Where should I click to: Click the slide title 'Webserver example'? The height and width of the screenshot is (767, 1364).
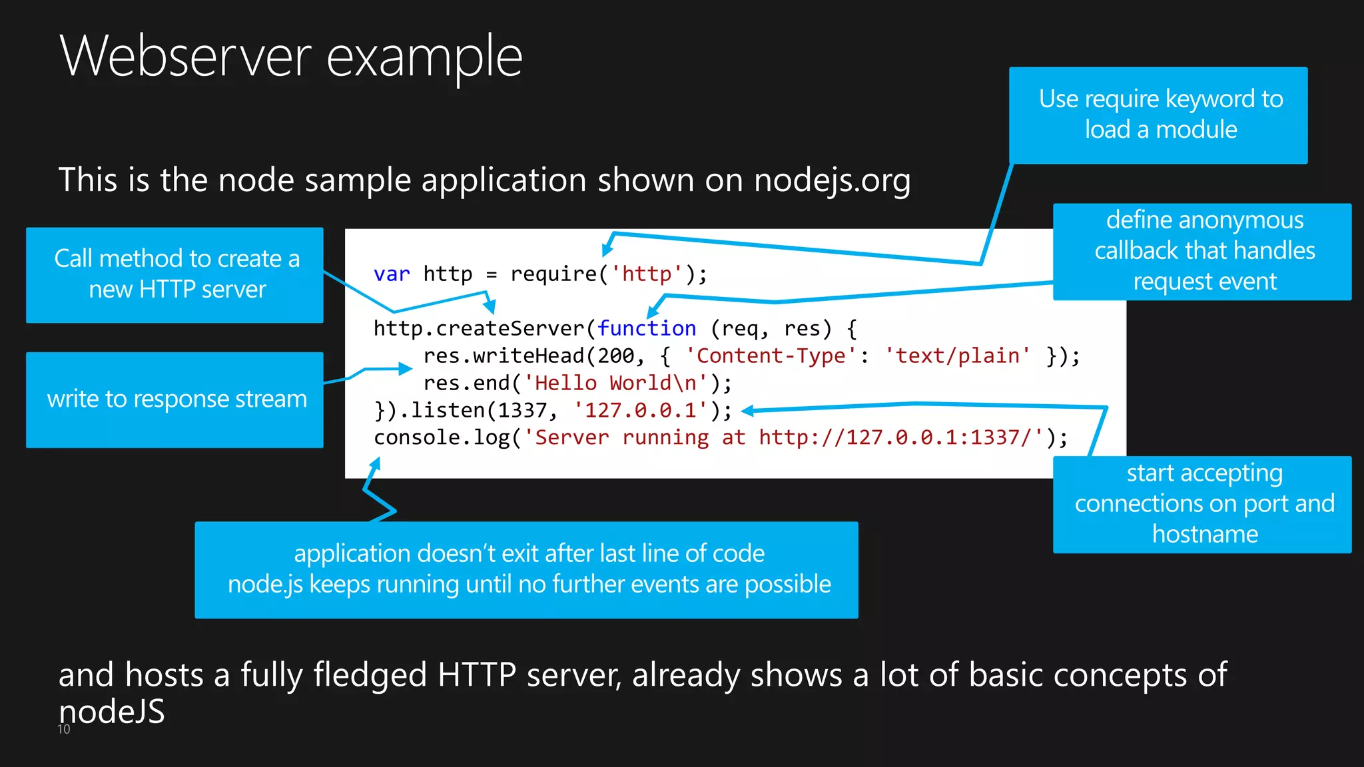tap(291, 57)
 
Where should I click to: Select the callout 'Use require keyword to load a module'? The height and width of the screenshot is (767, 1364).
tap(1158, 115)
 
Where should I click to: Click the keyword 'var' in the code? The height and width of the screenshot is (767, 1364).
tap(392, 274)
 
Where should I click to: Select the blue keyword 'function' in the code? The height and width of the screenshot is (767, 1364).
tap(646, 329)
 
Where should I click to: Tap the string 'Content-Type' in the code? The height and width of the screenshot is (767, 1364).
tap(771, 356)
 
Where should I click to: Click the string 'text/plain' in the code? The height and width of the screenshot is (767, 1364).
tap(957, 356)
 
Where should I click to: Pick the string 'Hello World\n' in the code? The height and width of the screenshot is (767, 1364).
tap(615, 383)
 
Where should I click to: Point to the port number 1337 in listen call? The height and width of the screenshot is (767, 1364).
tap(524, 411)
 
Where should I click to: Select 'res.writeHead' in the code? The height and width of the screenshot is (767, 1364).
tap(504, 356)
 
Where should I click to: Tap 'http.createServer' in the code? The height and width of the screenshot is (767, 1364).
tap(478, 329)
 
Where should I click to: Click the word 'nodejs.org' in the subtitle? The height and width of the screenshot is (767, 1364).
tap(832, 180)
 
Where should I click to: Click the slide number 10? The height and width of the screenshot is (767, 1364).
tap(64, 729)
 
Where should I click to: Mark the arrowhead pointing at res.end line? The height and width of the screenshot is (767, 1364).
tap(406, 368)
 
